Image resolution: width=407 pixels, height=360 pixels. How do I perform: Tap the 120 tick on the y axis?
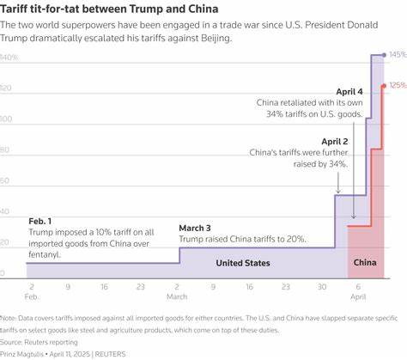point(8,88)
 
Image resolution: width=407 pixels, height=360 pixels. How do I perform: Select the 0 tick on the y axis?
point(3,274)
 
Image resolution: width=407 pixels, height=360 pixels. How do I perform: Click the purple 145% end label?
point(397,55)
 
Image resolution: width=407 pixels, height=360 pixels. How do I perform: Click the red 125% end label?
point(397,86)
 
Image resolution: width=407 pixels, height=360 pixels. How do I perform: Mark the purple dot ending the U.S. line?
point(384,55)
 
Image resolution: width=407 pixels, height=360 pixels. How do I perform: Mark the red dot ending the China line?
point(384,86)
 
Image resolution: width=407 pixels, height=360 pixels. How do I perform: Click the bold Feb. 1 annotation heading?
point(39,221)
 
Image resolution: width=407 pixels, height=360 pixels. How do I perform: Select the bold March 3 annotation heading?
point(196,228)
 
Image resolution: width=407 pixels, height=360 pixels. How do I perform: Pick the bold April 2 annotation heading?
point(335,142)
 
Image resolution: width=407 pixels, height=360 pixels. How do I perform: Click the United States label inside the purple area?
point(243,263)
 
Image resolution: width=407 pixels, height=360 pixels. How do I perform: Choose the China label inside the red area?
point(366,263)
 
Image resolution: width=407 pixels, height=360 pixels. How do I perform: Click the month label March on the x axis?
point(178,296)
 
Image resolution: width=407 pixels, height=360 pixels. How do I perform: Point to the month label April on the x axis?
point(360,296)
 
